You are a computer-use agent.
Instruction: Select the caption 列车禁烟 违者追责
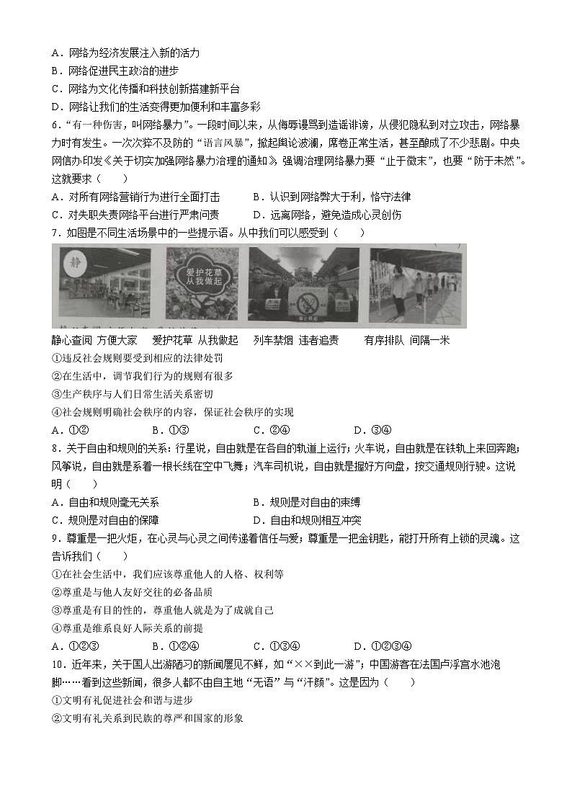pyautogui.click(x=296, y=340)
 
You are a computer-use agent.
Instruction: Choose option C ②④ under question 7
pyautogui.click(x=270, y=430)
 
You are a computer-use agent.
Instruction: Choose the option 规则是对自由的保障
pyautogui.click(x=105, y=520)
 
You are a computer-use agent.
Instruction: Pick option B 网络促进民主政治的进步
pyautogui.click(x=115, y=71)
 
